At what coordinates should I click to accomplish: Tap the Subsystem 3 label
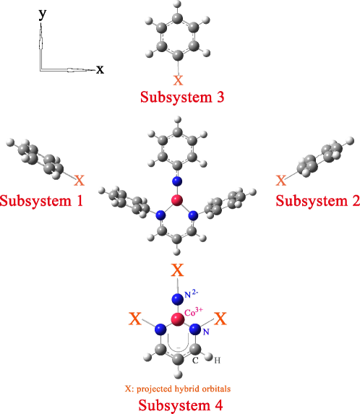[x=180, y=95]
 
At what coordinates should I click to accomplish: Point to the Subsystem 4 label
[x=180, y=404]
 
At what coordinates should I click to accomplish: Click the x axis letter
[x=100, y=69]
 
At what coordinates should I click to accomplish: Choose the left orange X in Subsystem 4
[x=134, y=318]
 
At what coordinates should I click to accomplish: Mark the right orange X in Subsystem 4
[x=222, y=318]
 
